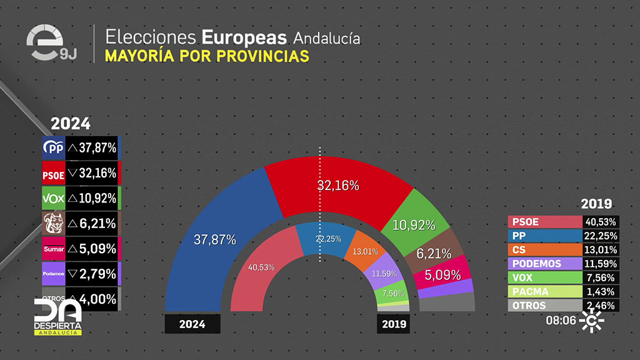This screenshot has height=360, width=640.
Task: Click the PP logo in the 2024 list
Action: pyautogui.click(x=53, y=148)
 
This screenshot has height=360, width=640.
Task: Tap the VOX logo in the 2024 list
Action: pyautogui.click(x=53, y=198)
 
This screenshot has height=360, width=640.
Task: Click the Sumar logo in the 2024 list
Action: pyautogui.click(x=53, y=249)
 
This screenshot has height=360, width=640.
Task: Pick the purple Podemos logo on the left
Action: pyautogui.click(x=53, y=274)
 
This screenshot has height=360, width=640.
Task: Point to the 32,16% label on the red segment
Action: pyautogui.click(x=337, y=185)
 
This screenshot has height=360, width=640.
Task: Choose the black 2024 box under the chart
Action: pyautogui.click(x=192, y=324)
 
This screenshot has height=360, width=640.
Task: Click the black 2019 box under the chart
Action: pyautogui.click(x=394, y=324)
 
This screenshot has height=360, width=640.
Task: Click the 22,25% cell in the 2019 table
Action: pyautogui.click(x=601, y=236)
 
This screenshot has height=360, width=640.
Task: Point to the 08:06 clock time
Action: pyautogui.click(x=561, y=320)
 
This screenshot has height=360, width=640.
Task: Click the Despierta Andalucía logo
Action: pyautogui.click(x=57, y=316)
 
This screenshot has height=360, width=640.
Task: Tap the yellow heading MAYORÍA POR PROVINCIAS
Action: pyautogui.click(x=207, y=56)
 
